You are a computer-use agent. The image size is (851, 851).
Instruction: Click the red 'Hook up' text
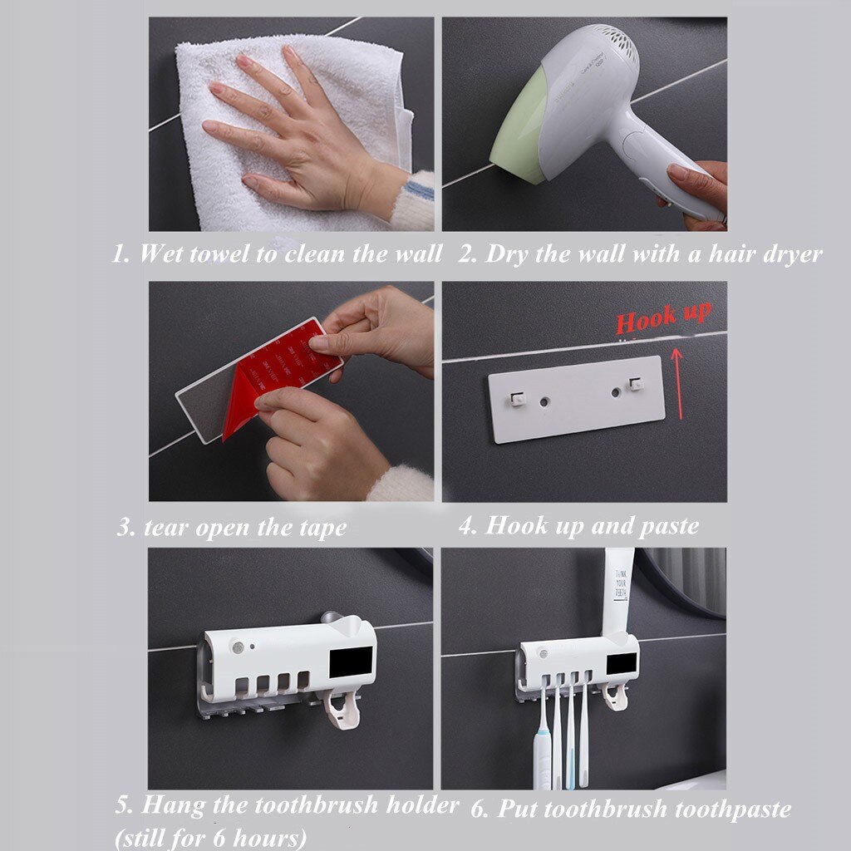(662, 316)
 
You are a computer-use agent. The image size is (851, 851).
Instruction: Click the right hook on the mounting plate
(637, 384)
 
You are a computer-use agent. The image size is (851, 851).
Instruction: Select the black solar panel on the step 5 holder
(352, 662)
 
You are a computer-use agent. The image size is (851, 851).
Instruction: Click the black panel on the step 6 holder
(622, 663)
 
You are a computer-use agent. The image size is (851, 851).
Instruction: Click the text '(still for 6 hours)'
(211, 838)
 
